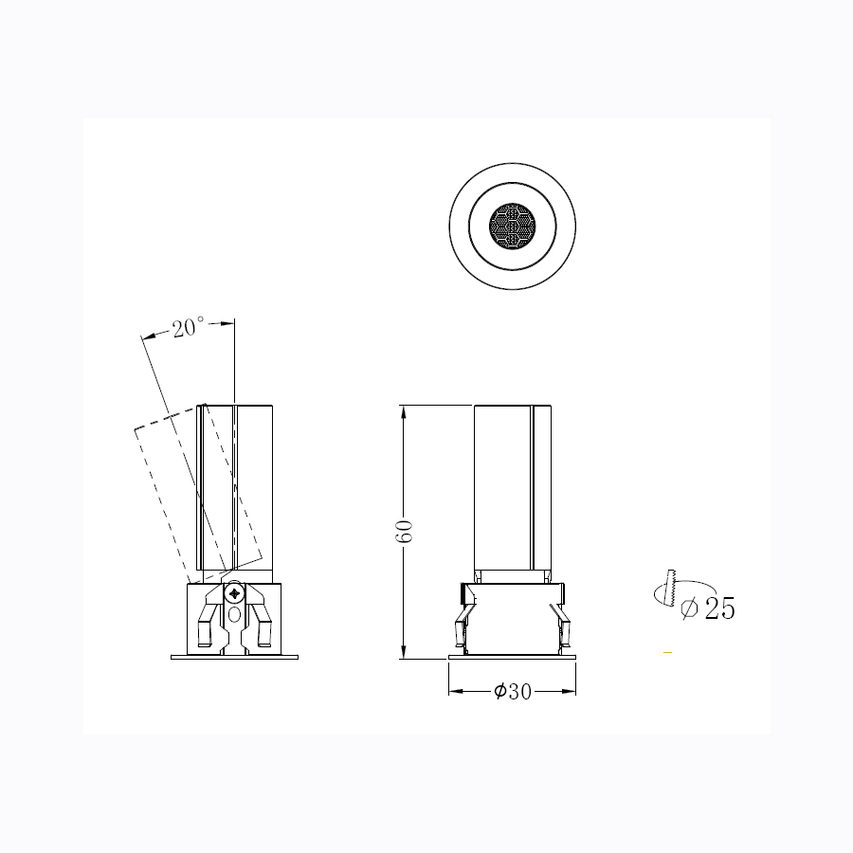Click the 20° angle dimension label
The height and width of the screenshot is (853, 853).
pos(189,327)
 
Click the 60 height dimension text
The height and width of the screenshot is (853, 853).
pos(404,531)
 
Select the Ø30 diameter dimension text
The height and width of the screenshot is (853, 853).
pos(513,692)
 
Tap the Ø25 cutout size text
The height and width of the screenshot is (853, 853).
pos(708,608)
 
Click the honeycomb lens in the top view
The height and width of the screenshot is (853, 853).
pos(512,227)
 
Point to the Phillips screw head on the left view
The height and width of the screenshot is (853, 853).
pos(234,593)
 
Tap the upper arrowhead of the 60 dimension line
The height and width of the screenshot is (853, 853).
pos(403,412)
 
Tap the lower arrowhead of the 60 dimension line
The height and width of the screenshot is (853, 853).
pos(403,652)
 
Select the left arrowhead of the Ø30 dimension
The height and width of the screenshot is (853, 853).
pos(456,692)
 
